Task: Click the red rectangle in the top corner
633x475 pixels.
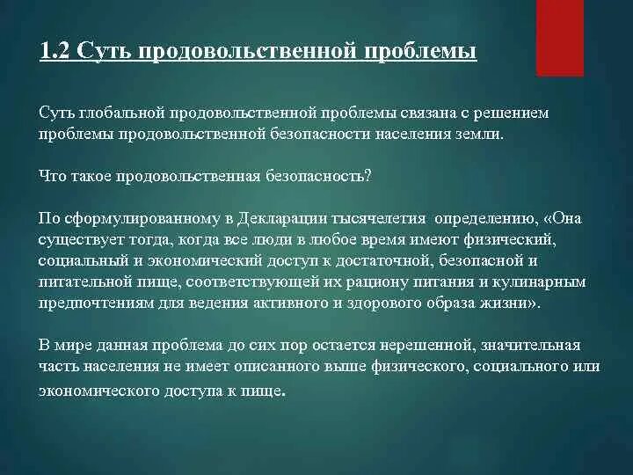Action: pos(560,38)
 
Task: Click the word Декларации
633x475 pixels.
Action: pos(283,218)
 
